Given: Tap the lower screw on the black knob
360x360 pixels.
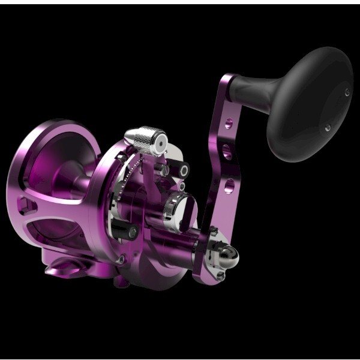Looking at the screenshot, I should point(327,127).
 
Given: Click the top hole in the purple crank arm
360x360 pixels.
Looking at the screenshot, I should point(228,125).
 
